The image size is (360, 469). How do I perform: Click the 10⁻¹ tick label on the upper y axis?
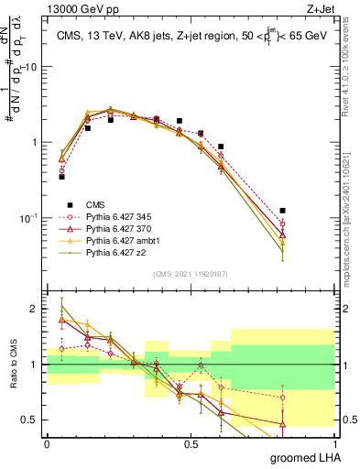point(29,217)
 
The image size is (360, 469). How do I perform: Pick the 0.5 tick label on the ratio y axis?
point(32,420)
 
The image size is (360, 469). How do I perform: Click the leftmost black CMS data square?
point(61,176)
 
